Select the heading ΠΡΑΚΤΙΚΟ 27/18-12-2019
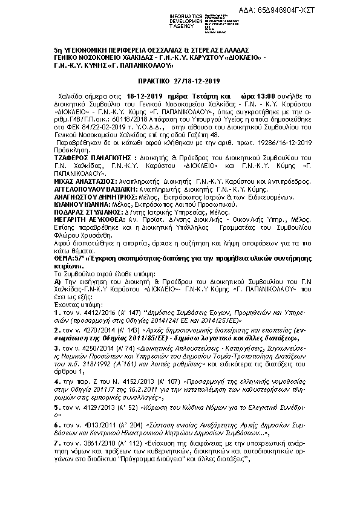point(180,80)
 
